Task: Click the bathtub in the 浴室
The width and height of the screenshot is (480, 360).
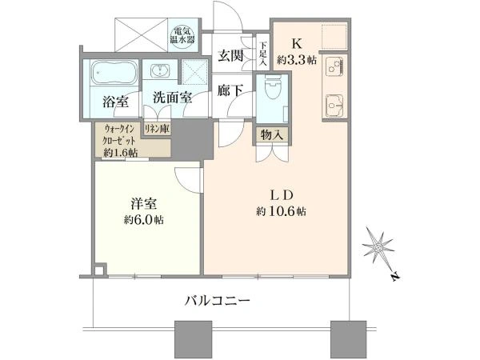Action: [114, 73]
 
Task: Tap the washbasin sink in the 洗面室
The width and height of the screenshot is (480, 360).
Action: [160, 70]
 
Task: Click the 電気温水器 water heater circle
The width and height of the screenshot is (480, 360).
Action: [182, 36]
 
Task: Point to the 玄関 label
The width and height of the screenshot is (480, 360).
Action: [230, 56]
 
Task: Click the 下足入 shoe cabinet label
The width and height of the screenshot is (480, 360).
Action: [263, 54]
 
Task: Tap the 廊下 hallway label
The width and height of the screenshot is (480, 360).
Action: [230, 90]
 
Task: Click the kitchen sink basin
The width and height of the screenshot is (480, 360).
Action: [334, 106]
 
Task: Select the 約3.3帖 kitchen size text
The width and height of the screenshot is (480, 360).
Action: [297, 60]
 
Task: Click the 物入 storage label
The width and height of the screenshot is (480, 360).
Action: [271, 134]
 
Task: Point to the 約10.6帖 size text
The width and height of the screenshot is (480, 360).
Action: [281, 211]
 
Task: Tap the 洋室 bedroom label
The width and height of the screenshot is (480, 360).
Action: [144, 205]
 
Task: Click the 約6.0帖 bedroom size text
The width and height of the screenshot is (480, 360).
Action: [143, 220]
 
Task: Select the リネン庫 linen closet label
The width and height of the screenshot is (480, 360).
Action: [157, 129]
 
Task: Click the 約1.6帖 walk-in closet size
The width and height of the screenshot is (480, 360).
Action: [120, 152]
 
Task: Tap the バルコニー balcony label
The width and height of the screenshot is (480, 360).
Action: [218, 301]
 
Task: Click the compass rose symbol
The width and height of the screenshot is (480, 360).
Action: [378, 246]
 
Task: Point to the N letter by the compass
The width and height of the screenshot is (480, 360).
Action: [396, 276]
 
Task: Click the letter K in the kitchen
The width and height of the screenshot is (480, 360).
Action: [297, 44]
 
